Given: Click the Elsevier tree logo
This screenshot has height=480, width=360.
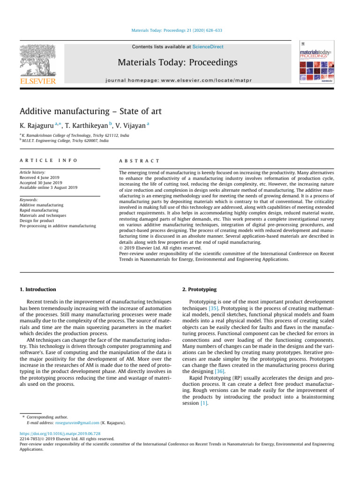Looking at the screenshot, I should (37, 61).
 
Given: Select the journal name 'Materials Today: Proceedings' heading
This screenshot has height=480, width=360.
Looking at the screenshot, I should (177, 62).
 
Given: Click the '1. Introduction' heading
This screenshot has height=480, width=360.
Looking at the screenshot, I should (37, 289).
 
